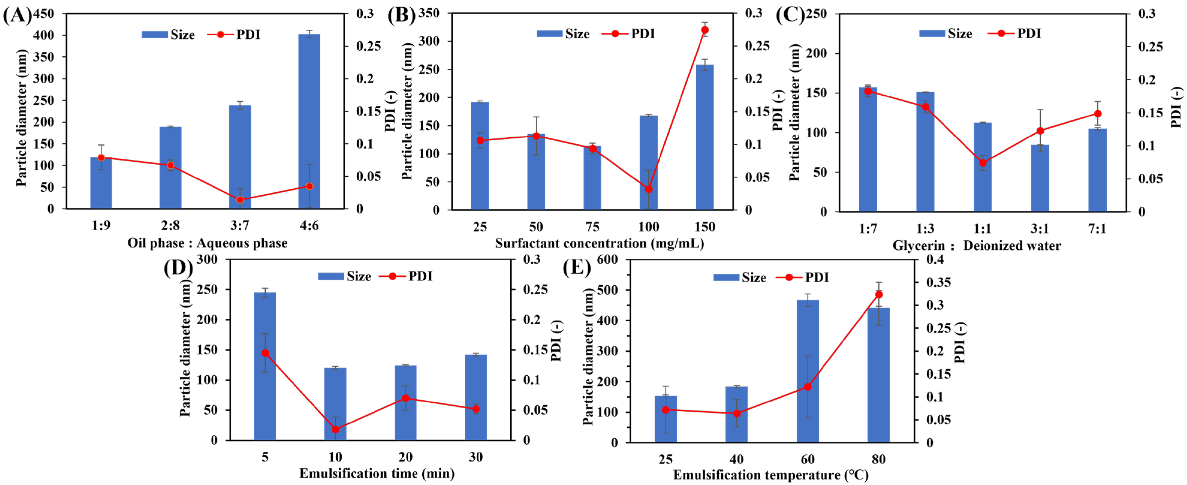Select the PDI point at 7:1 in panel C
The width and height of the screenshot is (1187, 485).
[x=1097, y=114]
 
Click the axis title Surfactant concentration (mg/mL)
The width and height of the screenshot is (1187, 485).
[x=599, y=243]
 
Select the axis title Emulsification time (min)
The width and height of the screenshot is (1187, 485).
[x=377, y=474]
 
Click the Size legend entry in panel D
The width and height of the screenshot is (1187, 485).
[x=344, y=276]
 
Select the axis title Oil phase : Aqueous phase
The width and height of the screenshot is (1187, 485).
[x=207, y=243]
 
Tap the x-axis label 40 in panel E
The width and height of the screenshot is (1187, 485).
[x=736, y=459]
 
